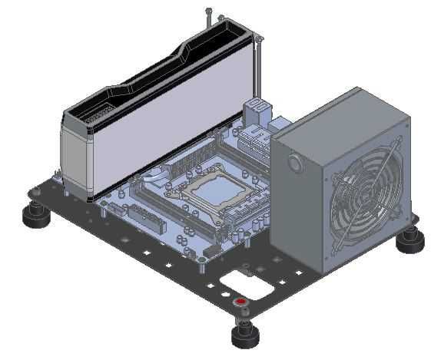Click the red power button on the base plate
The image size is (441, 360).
pyautogui.click(x=240, y=302)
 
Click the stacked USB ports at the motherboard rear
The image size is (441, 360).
pyautogui.click(x=257, y=111)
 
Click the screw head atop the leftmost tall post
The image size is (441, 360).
pyautogui.click(x=208, y=10)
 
